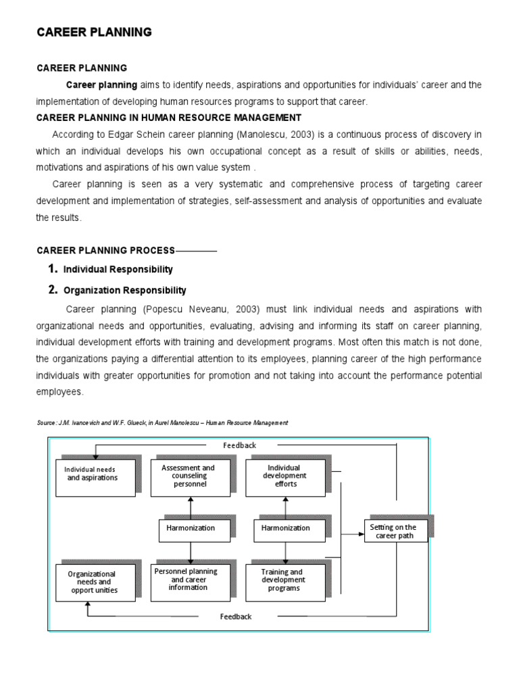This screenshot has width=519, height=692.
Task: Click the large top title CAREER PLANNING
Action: pyautogui.click(x=94, y=32)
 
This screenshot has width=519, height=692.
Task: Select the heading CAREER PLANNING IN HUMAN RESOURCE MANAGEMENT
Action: pyautogui.click(x=168, y=118)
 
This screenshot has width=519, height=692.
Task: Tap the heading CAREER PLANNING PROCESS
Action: pyautogui.click(x=105, y=251)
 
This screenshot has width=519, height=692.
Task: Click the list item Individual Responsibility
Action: pyautogui.click(x=118, y=269)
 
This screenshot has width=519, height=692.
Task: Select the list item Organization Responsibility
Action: pyautogui.click(x=124, y=291)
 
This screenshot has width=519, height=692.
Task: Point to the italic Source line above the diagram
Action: pyautogui.click(x=162, y=422)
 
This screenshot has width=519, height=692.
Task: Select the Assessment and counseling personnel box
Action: pyautogui.click(x=191, y=476)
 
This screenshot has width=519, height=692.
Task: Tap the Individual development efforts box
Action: pyautogui.click(x=284, y=476)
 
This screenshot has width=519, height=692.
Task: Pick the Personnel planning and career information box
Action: pyautogui.click(x=191, y=580)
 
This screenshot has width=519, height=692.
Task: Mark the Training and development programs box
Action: pyautogui.click(x=284, y=580)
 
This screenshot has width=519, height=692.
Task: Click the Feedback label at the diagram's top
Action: pyautogui.click(x=240, y=445)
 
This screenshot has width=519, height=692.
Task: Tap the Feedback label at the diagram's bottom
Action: pyautogui.click(x=236, y=616)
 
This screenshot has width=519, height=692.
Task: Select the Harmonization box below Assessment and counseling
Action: pyautogui.click(x=191, y=528)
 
